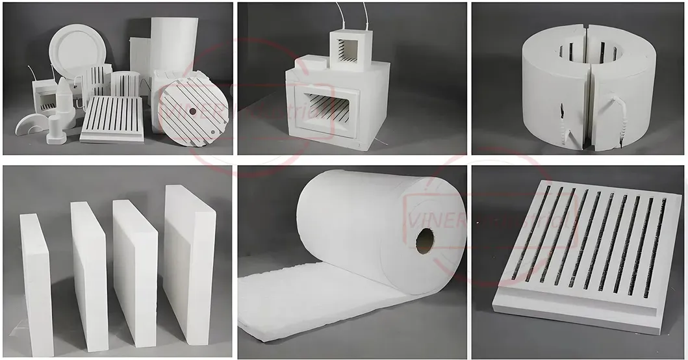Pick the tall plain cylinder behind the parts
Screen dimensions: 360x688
click(x=174, y=45)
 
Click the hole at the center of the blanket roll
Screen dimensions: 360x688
click(x=425, y=241)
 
